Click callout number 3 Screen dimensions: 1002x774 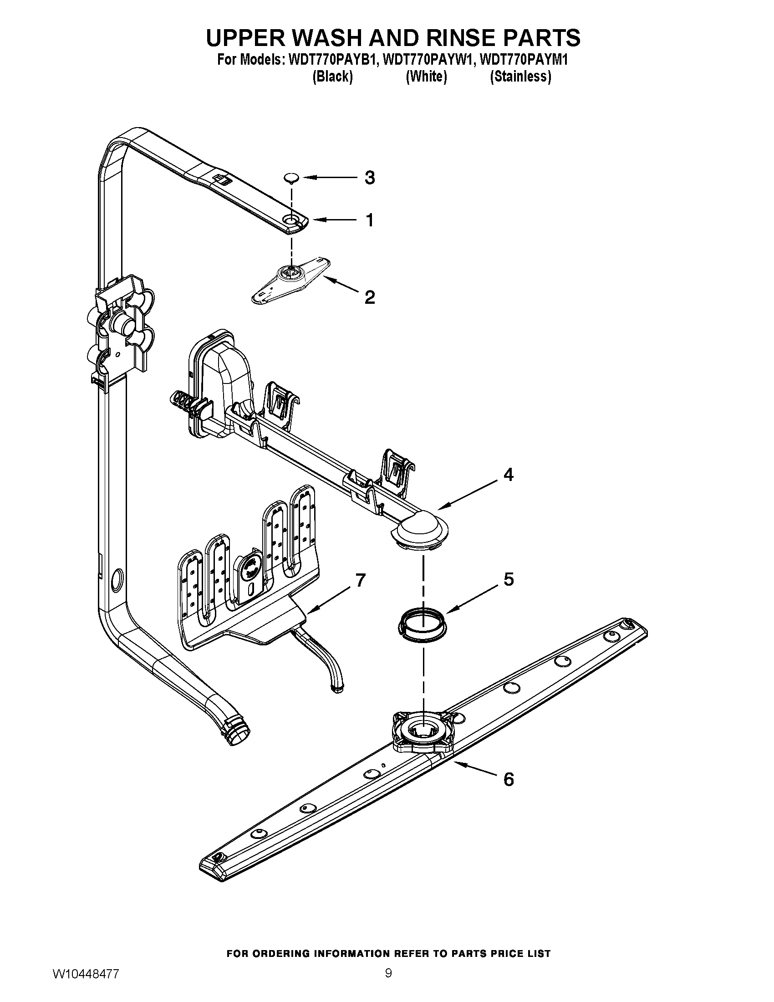tap(370, 178)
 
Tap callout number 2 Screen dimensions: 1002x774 tap(370, 297)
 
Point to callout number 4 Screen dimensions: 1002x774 tap(508, 475)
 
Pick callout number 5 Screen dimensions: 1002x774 tap(509, 579)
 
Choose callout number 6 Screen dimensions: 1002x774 tap(509, 779)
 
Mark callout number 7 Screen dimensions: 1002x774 tap(361, 581)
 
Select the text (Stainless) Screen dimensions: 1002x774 tap(520, 76)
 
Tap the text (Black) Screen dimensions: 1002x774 tap(332, 76)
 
